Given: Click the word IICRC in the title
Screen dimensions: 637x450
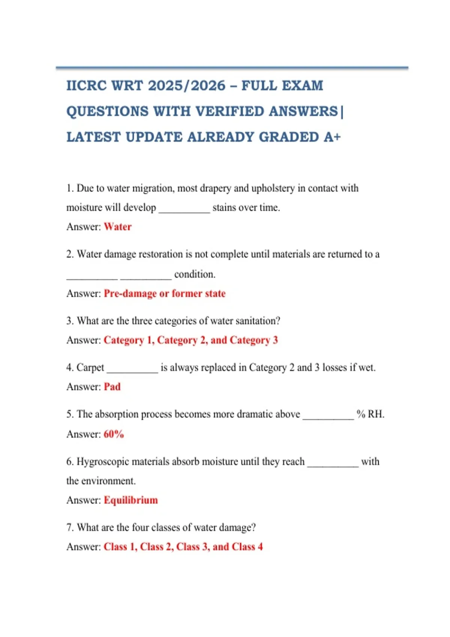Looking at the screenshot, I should (x=87, y=86).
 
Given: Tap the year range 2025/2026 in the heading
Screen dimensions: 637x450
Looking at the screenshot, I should (x=187, y=86).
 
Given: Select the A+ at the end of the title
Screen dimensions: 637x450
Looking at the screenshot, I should (x=332, y=137).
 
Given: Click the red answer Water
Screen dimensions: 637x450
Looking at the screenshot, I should (x=118, y=227).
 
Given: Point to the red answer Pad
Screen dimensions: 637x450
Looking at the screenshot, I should (x=112, y=387).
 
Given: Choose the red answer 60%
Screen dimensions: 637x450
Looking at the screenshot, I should (x=114, y=434).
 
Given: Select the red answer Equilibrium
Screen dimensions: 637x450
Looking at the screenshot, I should (x=131, y=500).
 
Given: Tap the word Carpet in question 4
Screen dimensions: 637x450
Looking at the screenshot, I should (x=90, y=368).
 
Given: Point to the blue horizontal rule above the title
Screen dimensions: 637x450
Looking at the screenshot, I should (x=232, y=68).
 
